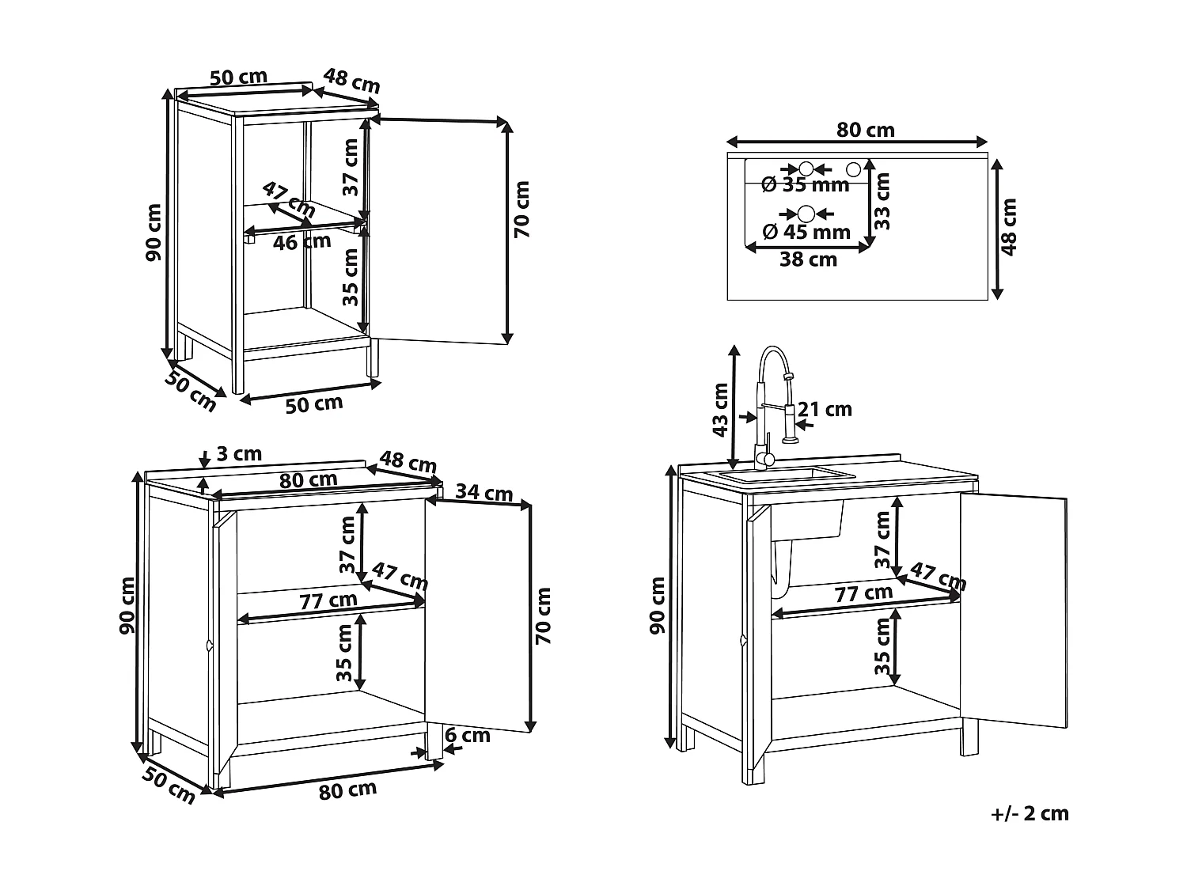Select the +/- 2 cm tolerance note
coord(1029,813)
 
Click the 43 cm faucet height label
coord(719,409)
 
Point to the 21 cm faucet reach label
coord(825,409)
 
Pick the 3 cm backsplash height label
coord(238,454)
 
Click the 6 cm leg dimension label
coord(467,736)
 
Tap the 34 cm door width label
coord(484,492)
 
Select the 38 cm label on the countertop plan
coord(808,259)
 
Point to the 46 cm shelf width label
coord(301,242)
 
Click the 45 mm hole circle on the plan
coord(806,214)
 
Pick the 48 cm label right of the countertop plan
coord(1008,227)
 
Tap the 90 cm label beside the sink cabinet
coord(658,605)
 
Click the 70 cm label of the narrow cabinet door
coord(521,209)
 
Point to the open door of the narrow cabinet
coord(439,229)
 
